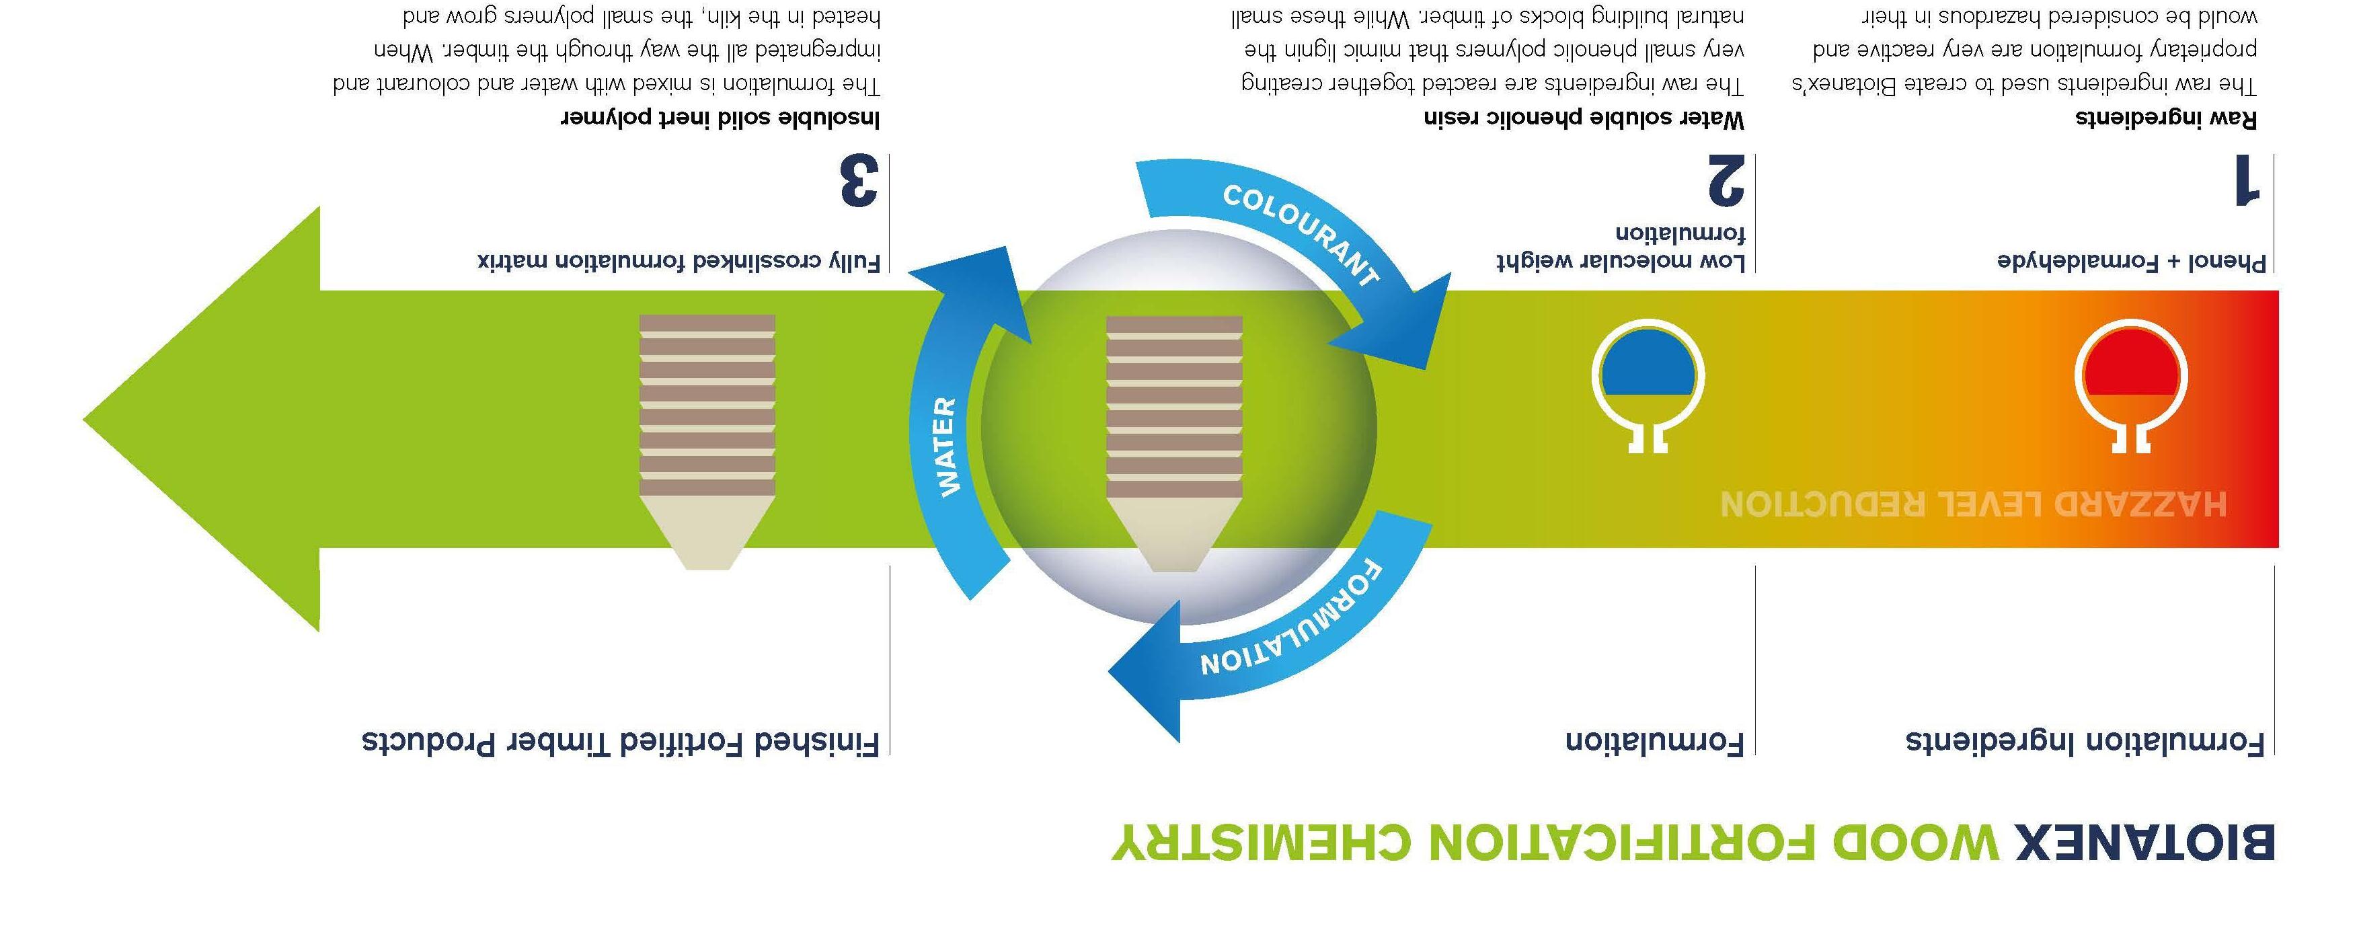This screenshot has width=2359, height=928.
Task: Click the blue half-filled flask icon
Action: click(1648, 380)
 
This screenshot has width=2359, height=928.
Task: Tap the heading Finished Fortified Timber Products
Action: click(621, 741)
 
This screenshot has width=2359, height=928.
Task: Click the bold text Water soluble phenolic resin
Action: click(1584, 118)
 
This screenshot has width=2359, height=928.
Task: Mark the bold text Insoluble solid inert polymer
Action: click(720, 118)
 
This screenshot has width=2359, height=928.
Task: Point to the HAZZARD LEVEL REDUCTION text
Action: click(1974, 503)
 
